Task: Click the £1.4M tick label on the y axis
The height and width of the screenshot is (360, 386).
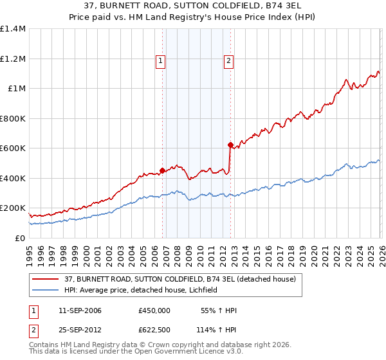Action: point(13,29)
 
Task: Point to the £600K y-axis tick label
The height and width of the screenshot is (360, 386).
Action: point(13,148)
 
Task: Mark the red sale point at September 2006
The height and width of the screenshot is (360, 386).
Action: point(162,171)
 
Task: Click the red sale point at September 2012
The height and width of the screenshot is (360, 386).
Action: point(230,145)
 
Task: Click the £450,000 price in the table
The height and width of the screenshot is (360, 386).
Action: point(154,310)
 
